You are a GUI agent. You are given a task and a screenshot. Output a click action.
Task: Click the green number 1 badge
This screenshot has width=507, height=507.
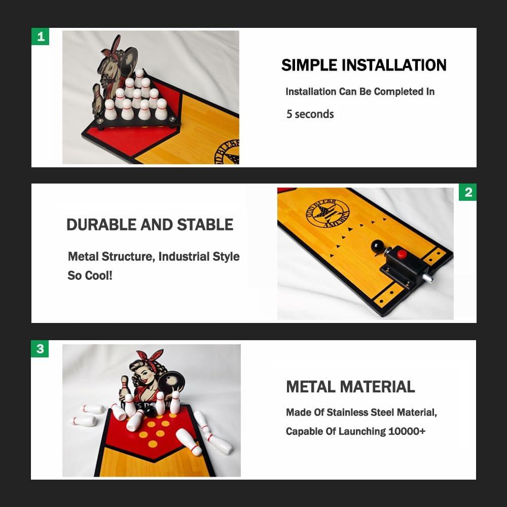40,36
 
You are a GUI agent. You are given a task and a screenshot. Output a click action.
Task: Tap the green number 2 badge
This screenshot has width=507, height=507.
467,192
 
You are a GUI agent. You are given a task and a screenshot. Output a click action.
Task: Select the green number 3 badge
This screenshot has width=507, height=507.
40,349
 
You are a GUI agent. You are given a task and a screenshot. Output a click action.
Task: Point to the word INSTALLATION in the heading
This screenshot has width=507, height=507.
394,65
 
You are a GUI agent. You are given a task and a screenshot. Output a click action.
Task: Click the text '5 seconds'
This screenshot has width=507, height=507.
310,114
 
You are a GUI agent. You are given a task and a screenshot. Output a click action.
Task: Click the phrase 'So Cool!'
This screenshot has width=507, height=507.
90,275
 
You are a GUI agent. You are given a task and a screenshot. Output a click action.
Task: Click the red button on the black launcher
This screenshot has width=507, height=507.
402,254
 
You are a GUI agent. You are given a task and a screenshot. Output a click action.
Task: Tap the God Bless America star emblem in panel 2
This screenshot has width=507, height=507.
328,213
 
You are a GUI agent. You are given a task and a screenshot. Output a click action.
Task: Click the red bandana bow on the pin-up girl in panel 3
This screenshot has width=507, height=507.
150,356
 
